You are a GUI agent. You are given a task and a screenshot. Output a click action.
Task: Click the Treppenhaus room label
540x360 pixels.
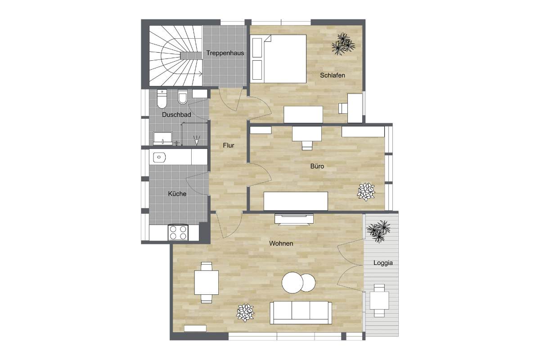tap(225, 53)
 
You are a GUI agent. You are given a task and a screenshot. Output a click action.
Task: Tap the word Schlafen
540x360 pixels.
tap(333, 75)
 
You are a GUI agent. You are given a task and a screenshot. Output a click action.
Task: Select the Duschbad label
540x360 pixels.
tap(176, 115)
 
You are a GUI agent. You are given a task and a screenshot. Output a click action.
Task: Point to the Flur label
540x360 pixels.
tap(229, 145)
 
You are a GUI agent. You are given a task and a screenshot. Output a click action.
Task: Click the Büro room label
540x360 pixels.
tap(317, 166)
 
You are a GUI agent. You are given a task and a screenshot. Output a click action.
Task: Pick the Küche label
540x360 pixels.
tap(177, 193)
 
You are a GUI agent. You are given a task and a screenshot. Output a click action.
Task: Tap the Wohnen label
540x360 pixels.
tap(281, 243)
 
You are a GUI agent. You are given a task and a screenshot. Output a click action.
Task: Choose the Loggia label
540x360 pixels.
tap(383, 263)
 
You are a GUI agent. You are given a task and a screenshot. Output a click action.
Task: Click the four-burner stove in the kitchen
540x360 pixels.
tap(178, 233)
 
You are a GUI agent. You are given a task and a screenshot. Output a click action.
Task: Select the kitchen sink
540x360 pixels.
tap(159, 157)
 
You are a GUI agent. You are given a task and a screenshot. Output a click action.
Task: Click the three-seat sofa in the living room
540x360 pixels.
tap(301, 313)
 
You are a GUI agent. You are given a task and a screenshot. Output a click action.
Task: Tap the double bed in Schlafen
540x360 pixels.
tap(279, 58)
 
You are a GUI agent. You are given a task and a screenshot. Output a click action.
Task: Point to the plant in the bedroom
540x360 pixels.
tap(343, 44)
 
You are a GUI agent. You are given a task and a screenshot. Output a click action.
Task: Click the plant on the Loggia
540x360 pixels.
tap(379, 231)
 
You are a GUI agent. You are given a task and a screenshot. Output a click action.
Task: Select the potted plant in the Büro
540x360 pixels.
tap(366, 192)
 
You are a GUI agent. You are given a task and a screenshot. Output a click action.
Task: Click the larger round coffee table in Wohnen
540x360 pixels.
tap(292, 283)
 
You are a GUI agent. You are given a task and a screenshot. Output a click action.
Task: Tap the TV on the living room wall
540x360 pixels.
tap(294, 220)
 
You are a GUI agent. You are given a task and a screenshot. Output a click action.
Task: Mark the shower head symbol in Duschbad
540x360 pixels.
tap(197, 140)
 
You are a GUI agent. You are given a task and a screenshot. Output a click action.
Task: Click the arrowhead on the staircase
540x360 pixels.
tap(201, 74)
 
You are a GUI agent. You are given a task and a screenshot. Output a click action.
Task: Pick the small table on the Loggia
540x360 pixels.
tap(379, 301)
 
